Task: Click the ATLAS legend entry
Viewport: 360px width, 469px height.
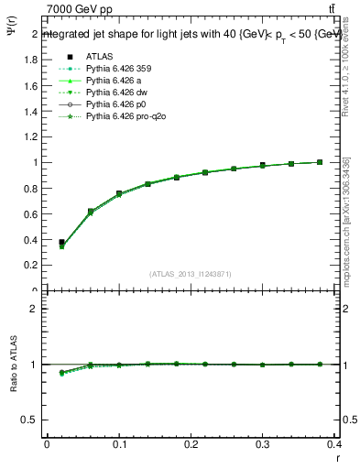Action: (100, 56)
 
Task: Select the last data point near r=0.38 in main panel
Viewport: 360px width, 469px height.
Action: (320, 162)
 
